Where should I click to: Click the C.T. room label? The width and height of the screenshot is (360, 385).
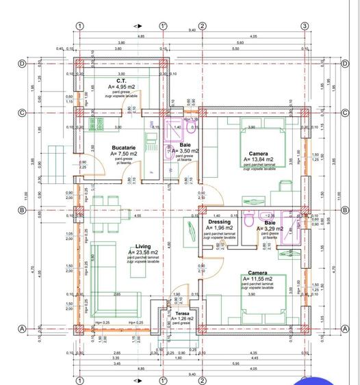tap(120, 81)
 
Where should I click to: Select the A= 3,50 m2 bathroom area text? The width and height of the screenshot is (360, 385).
tap(185, 151)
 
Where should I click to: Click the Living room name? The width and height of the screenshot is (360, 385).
tap(142, 247)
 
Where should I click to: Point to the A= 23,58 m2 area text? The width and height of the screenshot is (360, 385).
tap(142, 253)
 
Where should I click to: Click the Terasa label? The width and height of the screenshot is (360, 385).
tap(182, 313)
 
